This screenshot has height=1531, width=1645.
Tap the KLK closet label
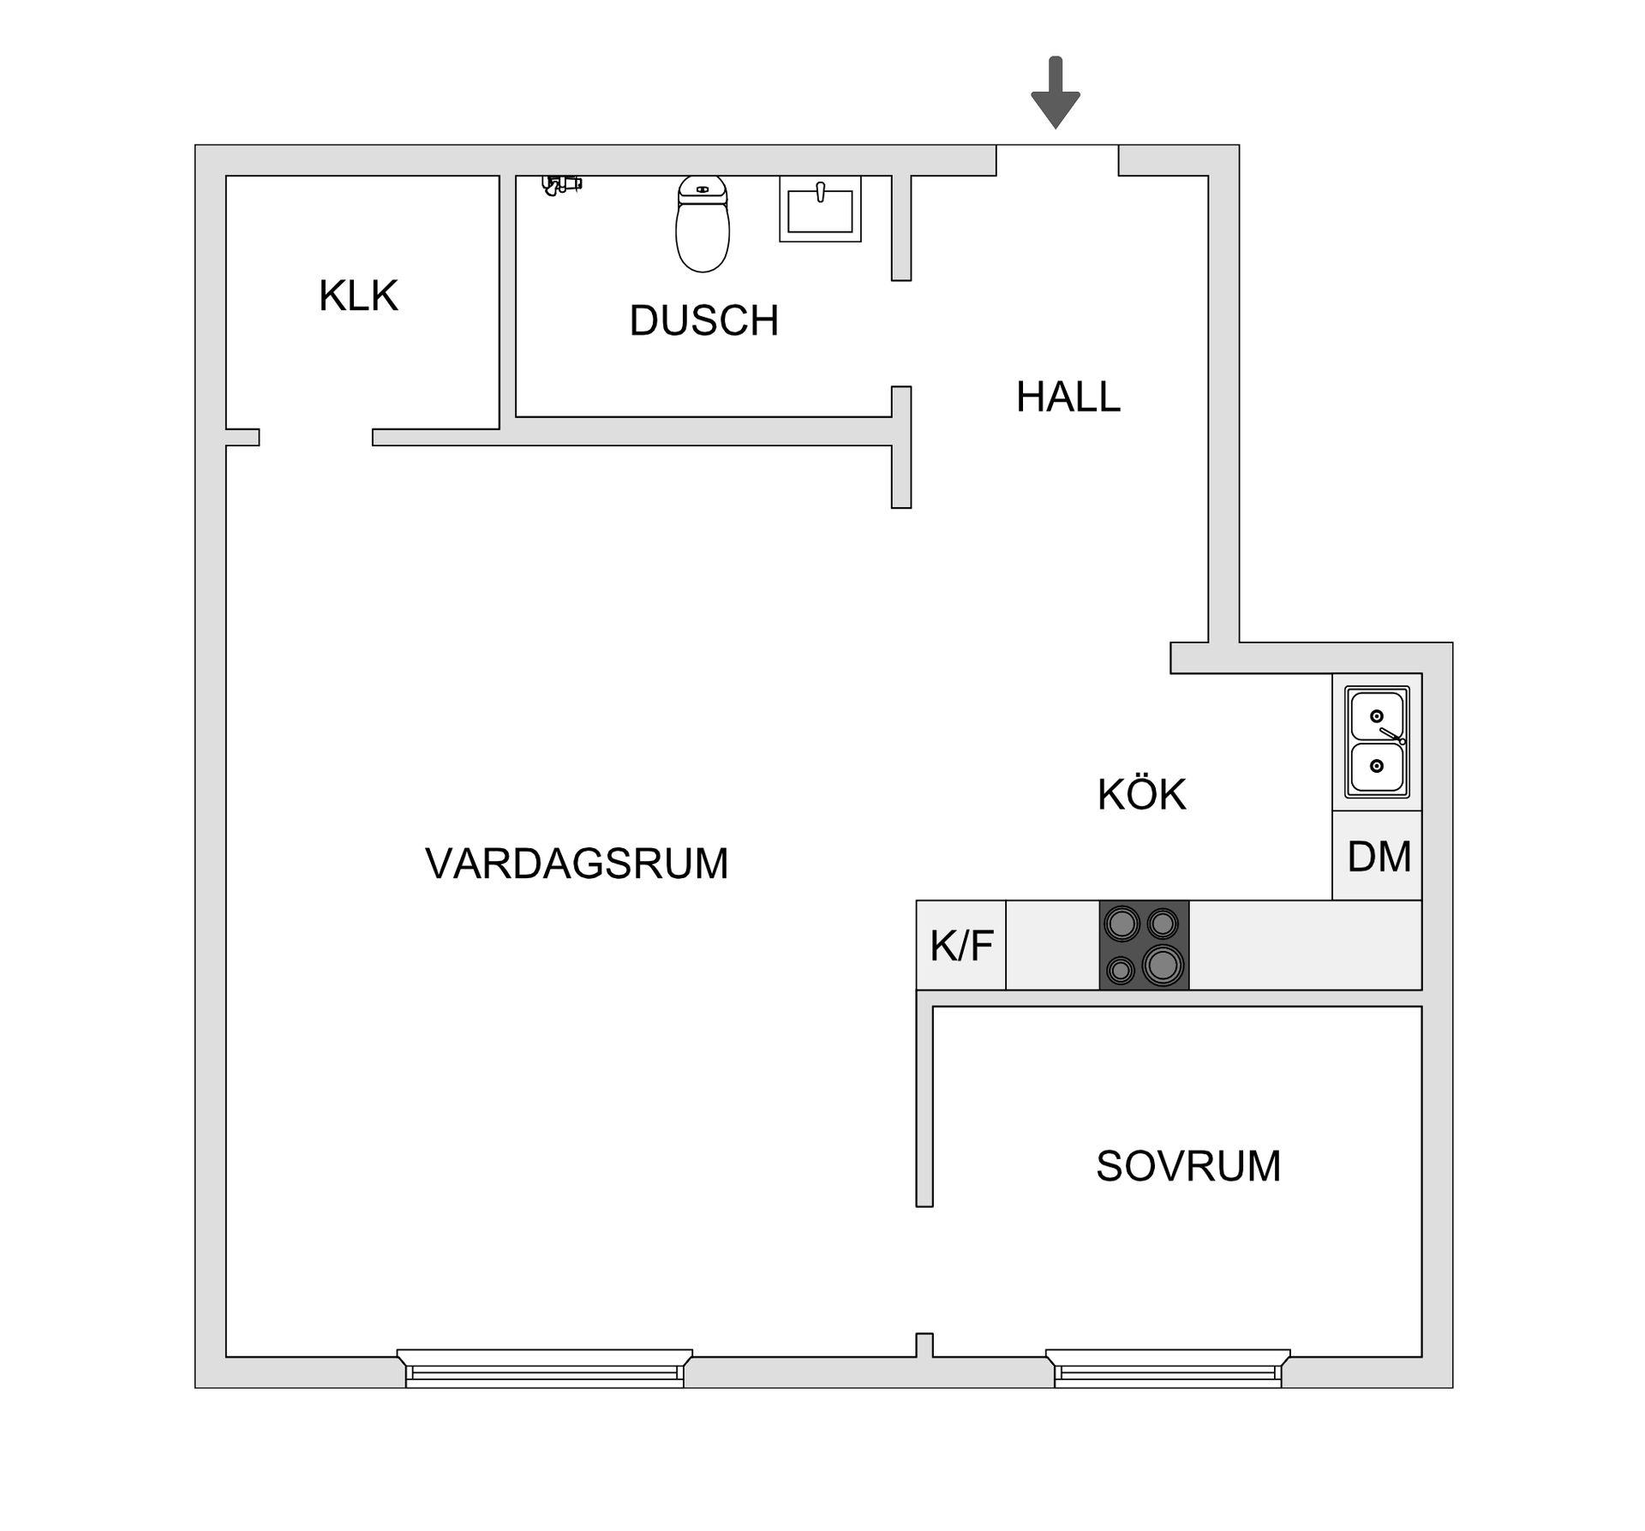(358, 296)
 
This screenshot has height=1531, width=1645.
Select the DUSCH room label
(703, 320)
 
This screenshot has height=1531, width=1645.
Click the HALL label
(1068, 397)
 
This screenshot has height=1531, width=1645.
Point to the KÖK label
(1141, 794)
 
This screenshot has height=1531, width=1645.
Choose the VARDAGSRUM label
(577, 863)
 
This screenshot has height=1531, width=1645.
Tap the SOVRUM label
(1188, 1166)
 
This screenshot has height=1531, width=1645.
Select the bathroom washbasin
(820, 209)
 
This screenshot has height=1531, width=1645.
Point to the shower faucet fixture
(562, 184)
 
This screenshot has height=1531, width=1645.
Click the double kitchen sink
(1377, 742)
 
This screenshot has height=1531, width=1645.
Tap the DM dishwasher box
(1378, 856)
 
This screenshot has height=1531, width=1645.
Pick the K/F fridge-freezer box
(961, 946)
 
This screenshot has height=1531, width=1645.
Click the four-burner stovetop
(1144, 946)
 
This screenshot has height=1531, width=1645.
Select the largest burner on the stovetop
(1162, 965)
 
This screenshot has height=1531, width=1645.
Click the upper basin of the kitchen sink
(1377, 716)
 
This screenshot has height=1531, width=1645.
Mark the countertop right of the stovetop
(1305, 946)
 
